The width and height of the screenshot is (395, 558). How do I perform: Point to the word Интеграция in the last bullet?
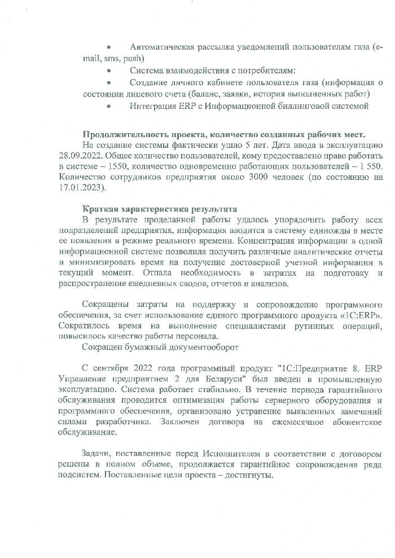tap(153, 106)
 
